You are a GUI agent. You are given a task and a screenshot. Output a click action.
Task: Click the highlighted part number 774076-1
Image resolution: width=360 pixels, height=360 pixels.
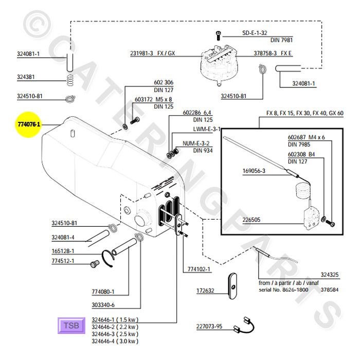tap(29, 124)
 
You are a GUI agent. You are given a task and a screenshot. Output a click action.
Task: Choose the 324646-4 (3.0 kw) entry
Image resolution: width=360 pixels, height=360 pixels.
tap(115, 341)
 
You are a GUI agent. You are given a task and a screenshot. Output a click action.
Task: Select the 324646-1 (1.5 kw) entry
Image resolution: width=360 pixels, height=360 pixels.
tap(115, 319)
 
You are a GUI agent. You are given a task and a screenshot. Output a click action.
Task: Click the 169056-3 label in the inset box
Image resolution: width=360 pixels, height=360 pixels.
tap(253, 171)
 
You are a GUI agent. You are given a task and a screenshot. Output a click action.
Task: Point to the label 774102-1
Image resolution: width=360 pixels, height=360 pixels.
tap(199, 268)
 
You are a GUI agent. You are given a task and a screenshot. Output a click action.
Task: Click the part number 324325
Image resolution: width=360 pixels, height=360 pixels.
tap(329, 275)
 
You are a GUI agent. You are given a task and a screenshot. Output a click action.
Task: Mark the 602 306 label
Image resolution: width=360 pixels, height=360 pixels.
tap(164, 82)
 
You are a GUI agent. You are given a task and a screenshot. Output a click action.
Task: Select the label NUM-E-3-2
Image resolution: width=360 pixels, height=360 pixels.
tap(193, 143)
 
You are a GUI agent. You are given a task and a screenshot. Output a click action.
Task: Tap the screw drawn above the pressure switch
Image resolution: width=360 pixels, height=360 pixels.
tap(219, 35)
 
